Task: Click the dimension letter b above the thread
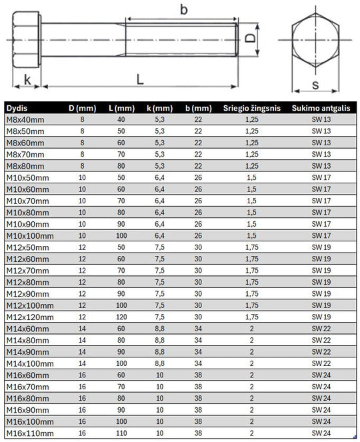click(x=183, y=10)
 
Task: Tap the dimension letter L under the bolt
click(x=140, y=79)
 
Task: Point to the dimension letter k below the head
click(x=27, y=79)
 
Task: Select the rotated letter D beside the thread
click(x=250, y=38)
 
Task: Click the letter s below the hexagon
click(x=315, y=85)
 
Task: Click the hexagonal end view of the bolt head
click(x=315, y=40)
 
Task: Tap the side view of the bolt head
click(x=27, y=40)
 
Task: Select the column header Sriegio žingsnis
click(x=252, y=108)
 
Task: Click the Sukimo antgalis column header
click(x=321, y=108)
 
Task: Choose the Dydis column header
click(x=17, y=108)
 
